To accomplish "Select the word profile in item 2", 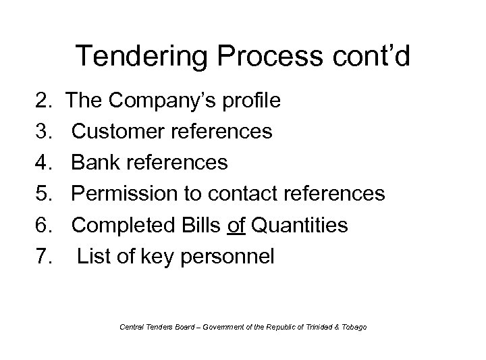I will (x=251, y=101).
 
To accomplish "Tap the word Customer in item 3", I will (x=116, y=132).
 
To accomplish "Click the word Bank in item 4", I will (x=93, y=163).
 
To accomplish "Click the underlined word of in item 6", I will (x=237, y=225).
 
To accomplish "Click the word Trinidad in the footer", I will (x=323, y=327).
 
